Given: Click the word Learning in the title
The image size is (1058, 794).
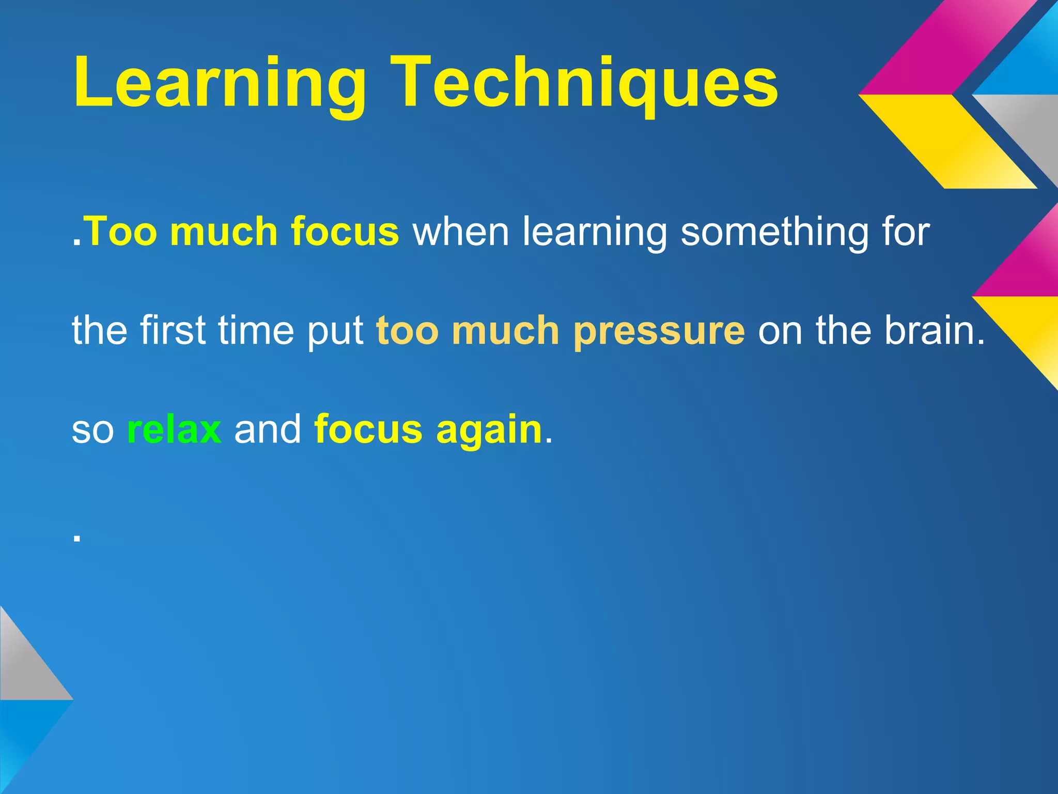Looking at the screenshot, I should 220,83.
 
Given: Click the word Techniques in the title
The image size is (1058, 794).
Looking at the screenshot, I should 584,83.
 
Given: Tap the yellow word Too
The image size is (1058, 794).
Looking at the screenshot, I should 120,231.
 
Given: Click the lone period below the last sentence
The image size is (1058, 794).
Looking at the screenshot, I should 77,538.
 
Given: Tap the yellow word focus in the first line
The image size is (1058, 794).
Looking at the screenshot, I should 345,231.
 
